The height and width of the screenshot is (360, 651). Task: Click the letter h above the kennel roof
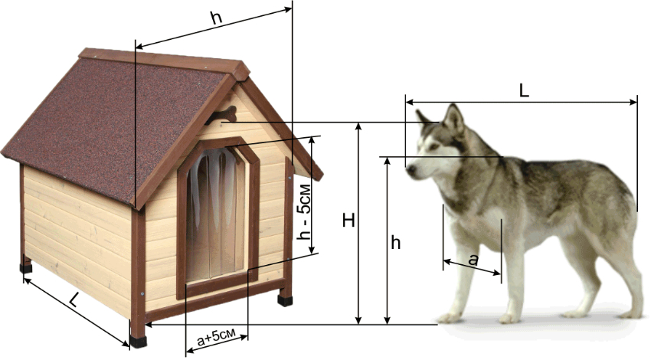(216, 18)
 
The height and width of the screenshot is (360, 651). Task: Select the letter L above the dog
(525, 91)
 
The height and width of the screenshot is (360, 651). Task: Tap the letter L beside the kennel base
(74, 299)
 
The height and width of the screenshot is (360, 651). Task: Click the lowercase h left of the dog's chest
(396, 242)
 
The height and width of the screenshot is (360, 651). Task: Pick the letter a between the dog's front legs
(473, 260)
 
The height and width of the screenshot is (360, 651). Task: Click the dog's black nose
(411, 169)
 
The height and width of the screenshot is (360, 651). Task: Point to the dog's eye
(433, 146)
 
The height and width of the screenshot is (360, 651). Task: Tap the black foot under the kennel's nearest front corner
(139, 342)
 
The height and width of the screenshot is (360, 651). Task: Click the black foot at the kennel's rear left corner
(26, 268)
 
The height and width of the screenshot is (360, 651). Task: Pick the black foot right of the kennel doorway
(285, 299)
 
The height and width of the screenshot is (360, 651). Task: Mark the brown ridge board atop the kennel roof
(164, 62)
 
